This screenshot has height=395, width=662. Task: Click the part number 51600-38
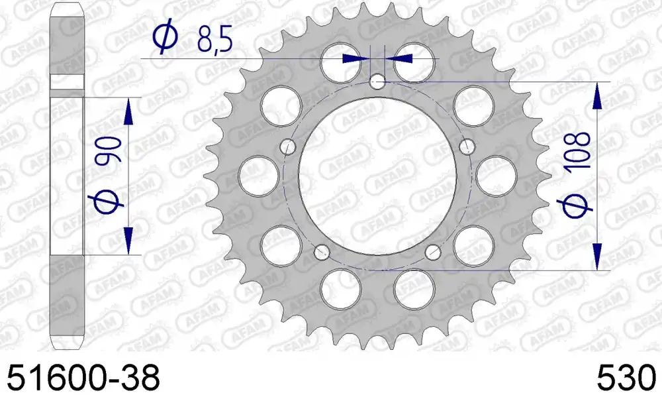click(x=83, y=378)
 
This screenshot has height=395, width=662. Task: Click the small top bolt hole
click(x=377, y=83)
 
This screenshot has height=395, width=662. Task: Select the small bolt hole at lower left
click(x=322, y=251)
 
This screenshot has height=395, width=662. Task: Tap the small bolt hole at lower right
click(x=432, y=251)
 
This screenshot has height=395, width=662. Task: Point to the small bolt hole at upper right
click(x=467, y=146)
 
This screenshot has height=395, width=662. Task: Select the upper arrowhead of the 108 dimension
click(x=598, y=97)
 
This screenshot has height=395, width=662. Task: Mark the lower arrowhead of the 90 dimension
click(x=128, y=241)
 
